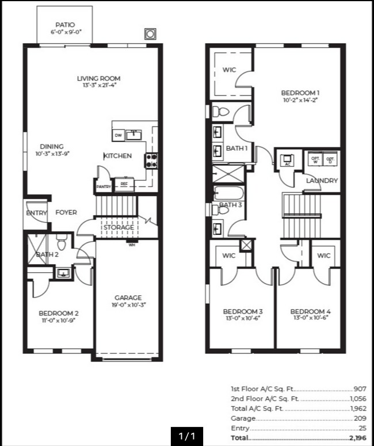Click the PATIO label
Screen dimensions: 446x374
tap(65, 25)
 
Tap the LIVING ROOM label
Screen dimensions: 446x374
tap(98, 78)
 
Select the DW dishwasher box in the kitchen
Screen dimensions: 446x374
tap(118, 135)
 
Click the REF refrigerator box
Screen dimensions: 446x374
tap(123, 185)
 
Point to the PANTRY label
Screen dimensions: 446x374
tap(104, 186)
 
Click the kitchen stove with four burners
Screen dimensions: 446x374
tap(151, 161)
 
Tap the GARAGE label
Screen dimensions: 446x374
tap(128, 298)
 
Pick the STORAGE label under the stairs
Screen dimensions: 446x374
tap(118, 227)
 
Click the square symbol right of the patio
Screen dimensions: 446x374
tap(150, 34)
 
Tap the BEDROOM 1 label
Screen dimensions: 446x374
tap(300, 93)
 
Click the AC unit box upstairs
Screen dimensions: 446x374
tap(287, 159)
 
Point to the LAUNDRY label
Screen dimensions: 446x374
tap(322, 181)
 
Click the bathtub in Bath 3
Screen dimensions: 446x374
tap(230, 193)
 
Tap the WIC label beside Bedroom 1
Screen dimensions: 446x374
tap(229, 70)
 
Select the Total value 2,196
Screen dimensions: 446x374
tap(356, 438)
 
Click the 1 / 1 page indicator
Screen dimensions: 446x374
tap(187, 436)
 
